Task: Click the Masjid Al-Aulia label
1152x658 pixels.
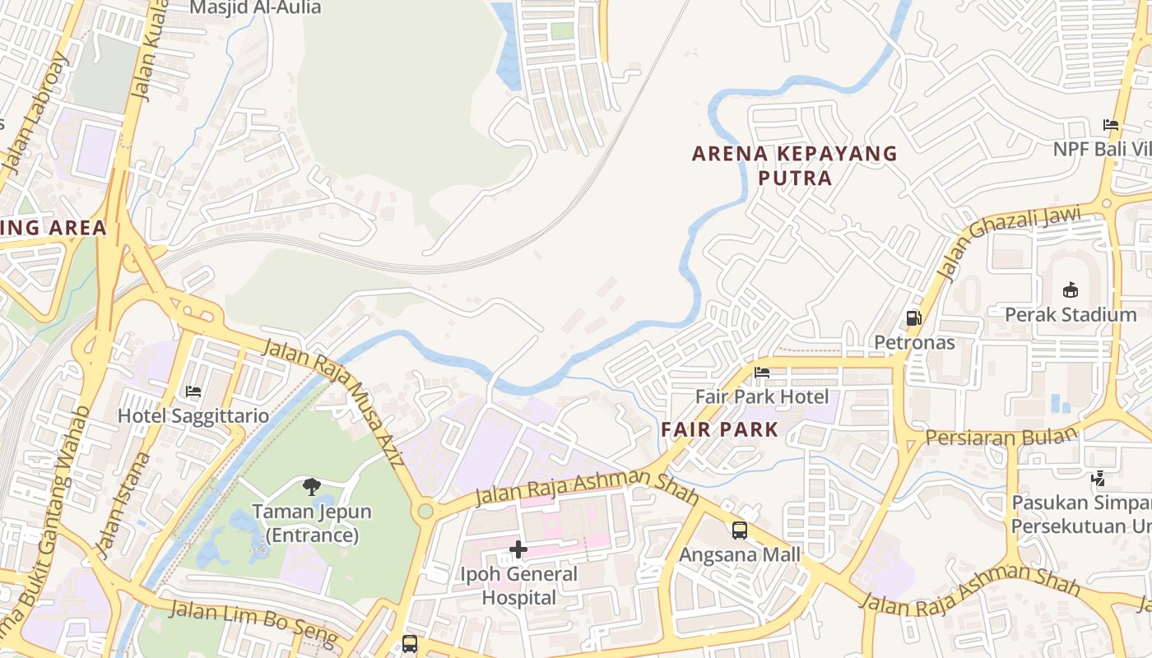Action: (255, 8)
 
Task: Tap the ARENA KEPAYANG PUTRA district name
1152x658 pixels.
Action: (794, 165)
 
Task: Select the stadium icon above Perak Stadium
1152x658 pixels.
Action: (1071, 290)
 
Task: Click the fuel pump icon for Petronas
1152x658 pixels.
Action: (913, 318)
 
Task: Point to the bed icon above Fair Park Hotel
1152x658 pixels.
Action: (762, 373)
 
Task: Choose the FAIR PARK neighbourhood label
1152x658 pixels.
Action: (719, 429)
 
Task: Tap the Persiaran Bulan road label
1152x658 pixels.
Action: (1001, 436)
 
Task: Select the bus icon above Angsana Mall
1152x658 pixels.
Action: (740, 531)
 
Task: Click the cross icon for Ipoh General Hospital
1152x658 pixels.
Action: (518, 549)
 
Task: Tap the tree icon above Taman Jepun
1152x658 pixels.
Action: (311, 487)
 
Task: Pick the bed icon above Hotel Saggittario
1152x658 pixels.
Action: (193, 392)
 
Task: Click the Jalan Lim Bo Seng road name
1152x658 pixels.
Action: (253, 622)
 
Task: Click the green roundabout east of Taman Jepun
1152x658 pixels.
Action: (425, 512)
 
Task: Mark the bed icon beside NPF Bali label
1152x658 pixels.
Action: (1111, 125)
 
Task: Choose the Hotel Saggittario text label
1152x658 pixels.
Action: (193, 415)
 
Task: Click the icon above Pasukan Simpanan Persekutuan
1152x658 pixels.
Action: (1098, 478)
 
